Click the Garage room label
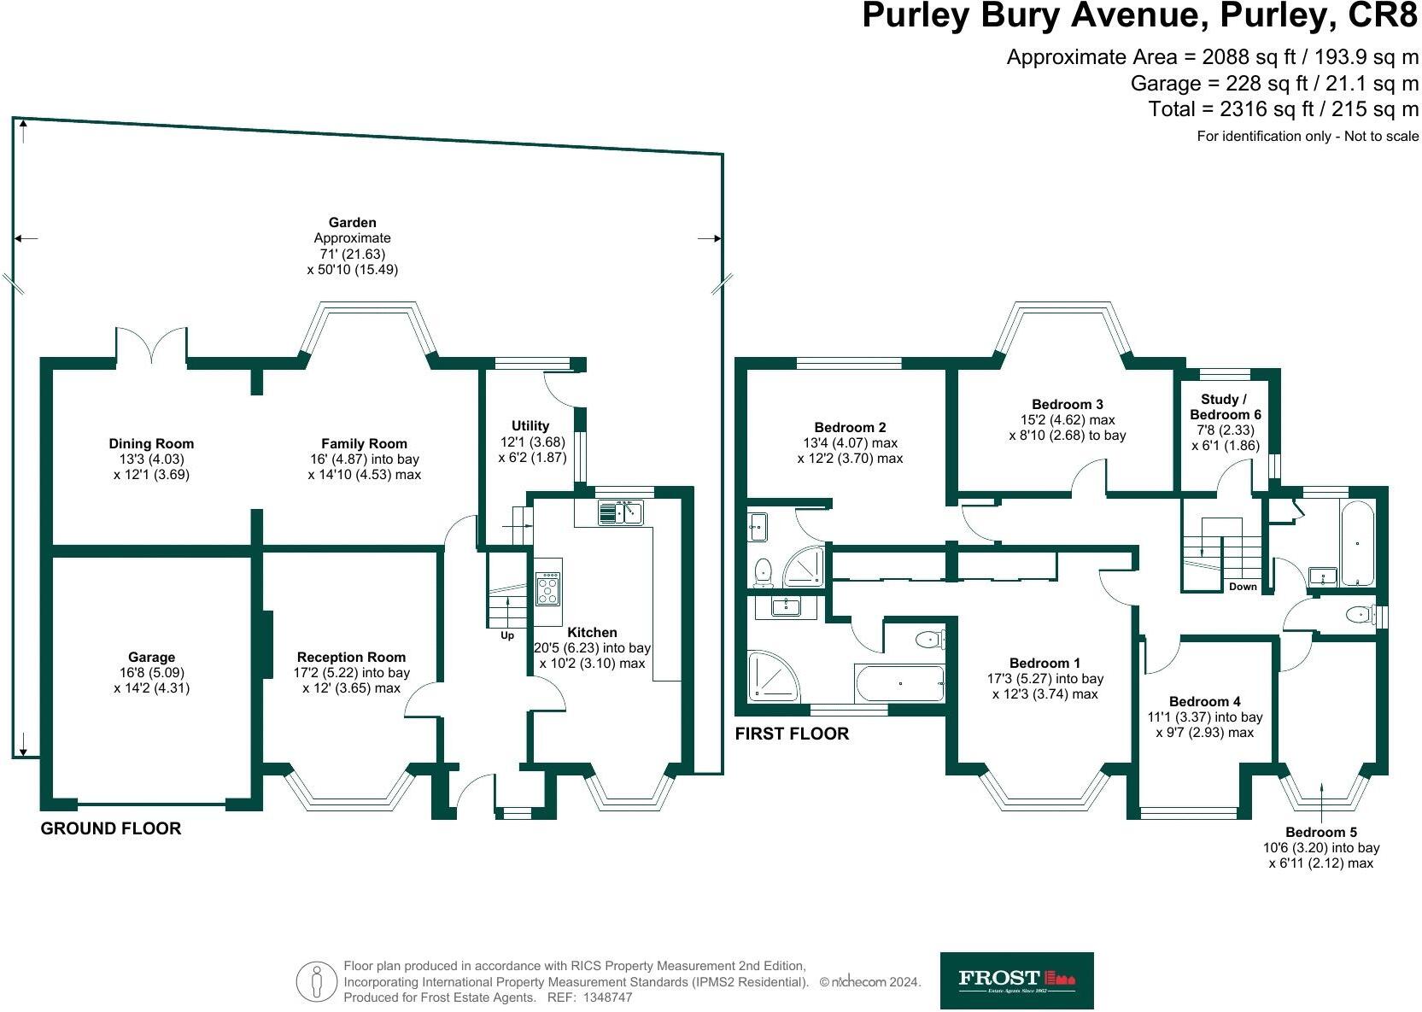pos(151,658)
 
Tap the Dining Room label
pos(151,444)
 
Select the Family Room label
pos(364,444)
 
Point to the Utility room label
pos(530,426)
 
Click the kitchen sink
pos(620,512)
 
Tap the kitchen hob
pos(547,588)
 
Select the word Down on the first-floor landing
pos(1243,587)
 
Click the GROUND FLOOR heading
pos(111,828)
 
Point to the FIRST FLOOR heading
pos(792,734)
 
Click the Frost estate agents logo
pos(1016,980)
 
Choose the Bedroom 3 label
pos(1067,405)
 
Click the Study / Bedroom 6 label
pos(1225,407)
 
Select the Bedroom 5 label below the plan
pos(1320,833)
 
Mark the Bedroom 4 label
pos(1204,702)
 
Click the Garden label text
pos(352,223)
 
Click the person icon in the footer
pos(317,981)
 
